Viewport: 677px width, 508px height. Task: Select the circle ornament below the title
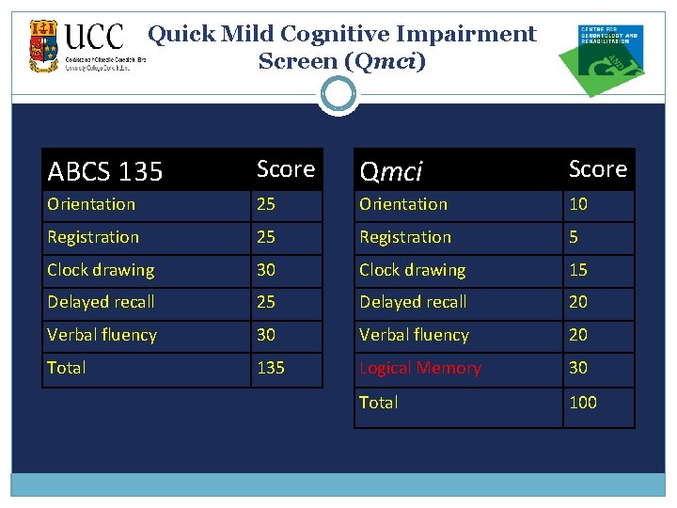coord(338,95)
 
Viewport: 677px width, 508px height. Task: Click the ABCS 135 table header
coord(105,172)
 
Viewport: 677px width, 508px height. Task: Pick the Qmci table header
coord(392,171)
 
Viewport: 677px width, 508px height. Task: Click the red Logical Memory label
coord(420,368)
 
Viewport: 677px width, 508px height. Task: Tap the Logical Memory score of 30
coord(578,368)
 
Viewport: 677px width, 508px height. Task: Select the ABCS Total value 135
coord(271,368)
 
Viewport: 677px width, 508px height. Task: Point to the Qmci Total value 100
coord(583,403)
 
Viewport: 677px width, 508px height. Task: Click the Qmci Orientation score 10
coord(578,204)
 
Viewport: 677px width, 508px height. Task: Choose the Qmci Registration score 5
coord(574,237)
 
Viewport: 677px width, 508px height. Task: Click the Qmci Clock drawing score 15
coord(578,270)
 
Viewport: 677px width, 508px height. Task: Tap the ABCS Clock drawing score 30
coord(267,270)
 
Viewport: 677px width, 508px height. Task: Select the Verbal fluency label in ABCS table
coord(102,335)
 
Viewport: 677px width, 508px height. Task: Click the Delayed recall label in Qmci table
coord(413,302)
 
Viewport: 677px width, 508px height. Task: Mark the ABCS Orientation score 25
coord(267,204)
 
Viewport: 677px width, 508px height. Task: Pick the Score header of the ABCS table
coord(286,169)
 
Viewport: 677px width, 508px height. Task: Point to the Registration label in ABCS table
coord(93,237)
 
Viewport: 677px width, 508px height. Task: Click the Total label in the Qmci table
coord(379,403)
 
